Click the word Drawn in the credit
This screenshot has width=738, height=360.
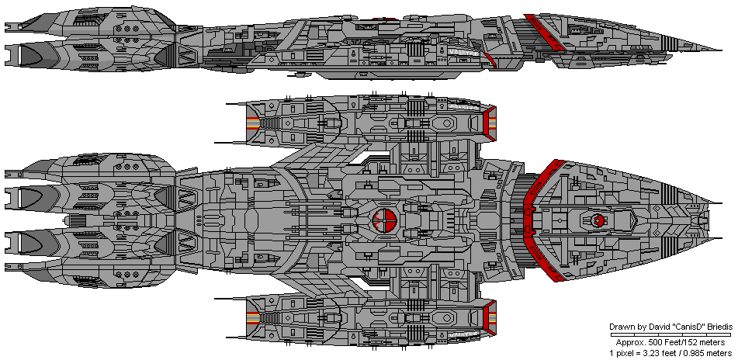(x=619, y=327)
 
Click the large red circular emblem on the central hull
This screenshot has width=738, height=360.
(x=385, y=221)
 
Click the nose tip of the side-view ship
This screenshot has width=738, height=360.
(x=722, y=48)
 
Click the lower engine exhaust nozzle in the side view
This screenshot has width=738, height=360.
(x=31, y=54)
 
